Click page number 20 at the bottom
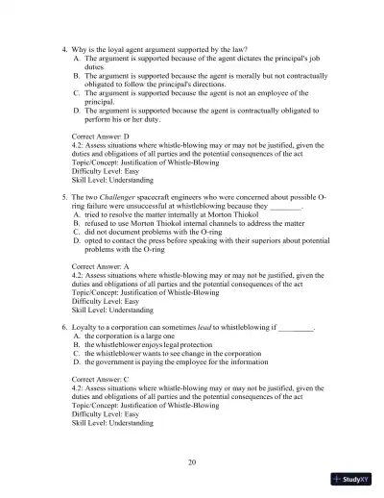(192, 462)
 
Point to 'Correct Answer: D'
(105, 137)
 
